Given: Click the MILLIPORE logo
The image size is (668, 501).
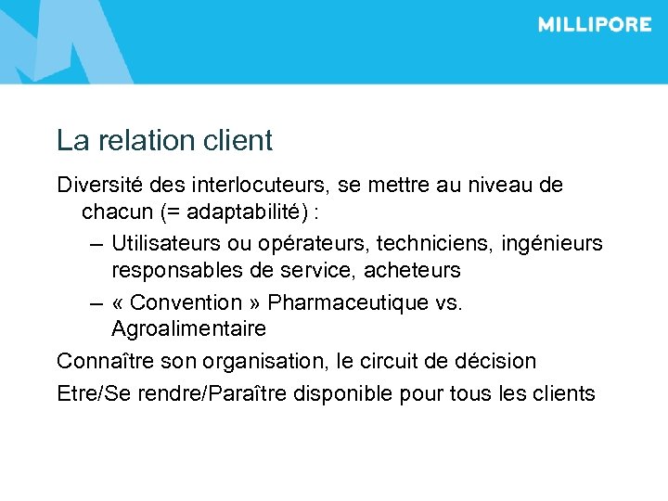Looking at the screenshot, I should [x=594, y=25].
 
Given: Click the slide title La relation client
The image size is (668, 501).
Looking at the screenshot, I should [x=164, y=141].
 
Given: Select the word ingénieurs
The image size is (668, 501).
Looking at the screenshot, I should [x=552, y=243].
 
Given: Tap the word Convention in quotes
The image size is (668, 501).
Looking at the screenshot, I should [x=186, y=302].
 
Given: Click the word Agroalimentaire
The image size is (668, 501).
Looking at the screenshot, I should [x=188, y=328].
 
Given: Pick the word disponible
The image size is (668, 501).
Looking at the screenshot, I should [x=342, y=392].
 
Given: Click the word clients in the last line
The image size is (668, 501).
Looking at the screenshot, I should [x=561, y=392].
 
